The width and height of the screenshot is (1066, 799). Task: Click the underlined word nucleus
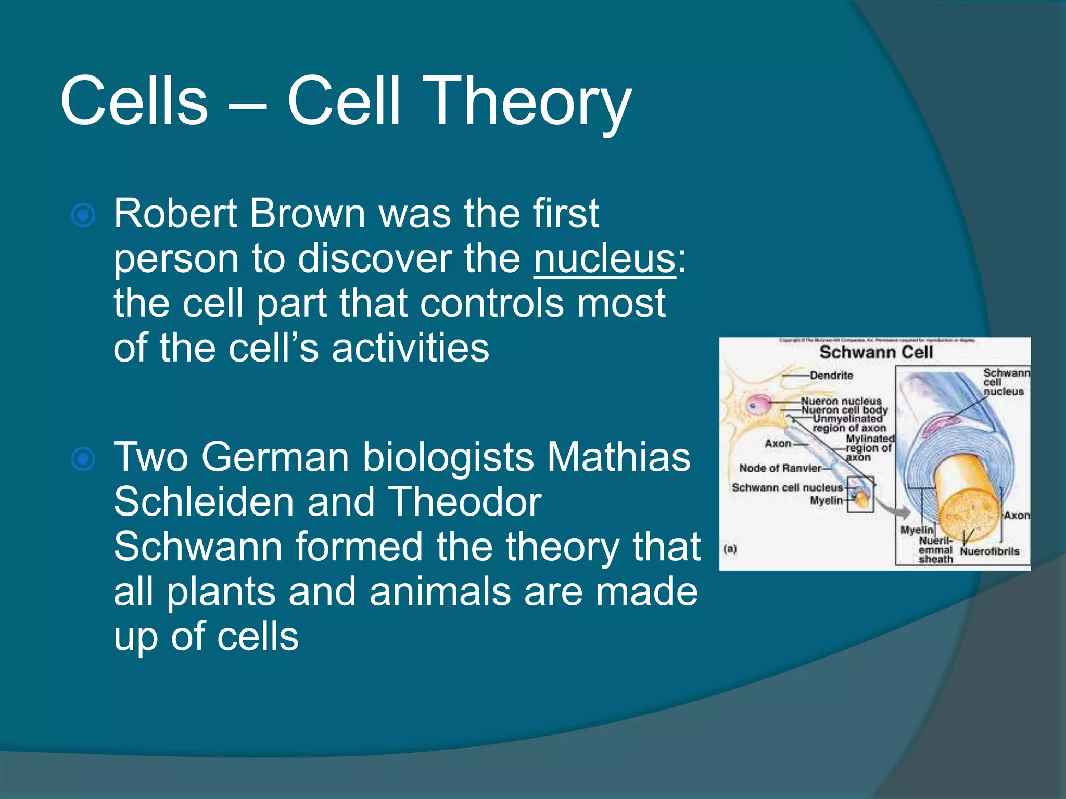pos(604,259)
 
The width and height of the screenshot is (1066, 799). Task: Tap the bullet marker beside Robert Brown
pos(83,215)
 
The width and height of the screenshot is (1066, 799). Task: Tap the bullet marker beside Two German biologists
pos(83,459)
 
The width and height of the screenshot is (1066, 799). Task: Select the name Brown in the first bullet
pos(308,213)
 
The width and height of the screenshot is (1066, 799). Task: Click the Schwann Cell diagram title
pos(875,352)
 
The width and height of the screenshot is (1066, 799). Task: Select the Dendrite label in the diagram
pos(831,375)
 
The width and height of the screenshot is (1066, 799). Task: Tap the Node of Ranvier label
pos(780,468)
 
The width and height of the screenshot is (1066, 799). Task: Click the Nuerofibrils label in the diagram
pos(989,551)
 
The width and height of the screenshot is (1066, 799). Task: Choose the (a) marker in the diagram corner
pos(730,549)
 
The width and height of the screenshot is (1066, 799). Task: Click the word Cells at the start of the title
pos(134,101)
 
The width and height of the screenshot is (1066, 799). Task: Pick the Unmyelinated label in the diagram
pos(848,419)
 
